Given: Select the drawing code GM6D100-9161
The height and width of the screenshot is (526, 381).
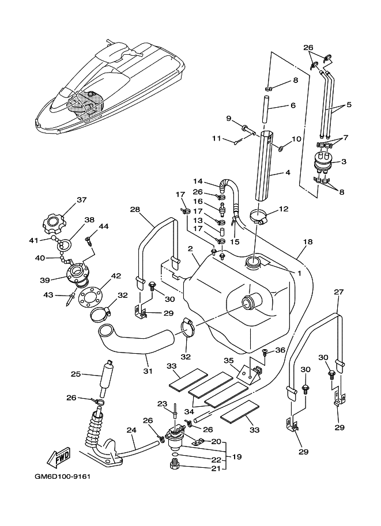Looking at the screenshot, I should (x=62, y=476).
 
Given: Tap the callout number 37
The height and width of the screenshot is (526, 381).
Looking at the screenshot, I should (x=81, y=200).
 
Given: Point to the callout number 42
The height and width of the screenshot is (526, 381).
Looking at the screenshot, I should (x=116, y=276).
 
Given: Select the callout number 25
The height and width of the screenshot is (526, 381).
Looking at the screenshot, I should (x=76, y=374).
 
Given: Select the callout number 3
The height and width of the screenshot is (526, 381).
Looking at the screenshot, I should (x=344, y=162).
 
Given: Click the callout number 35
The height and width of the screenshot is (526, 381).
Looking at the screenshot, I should (x=228, y=361).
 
